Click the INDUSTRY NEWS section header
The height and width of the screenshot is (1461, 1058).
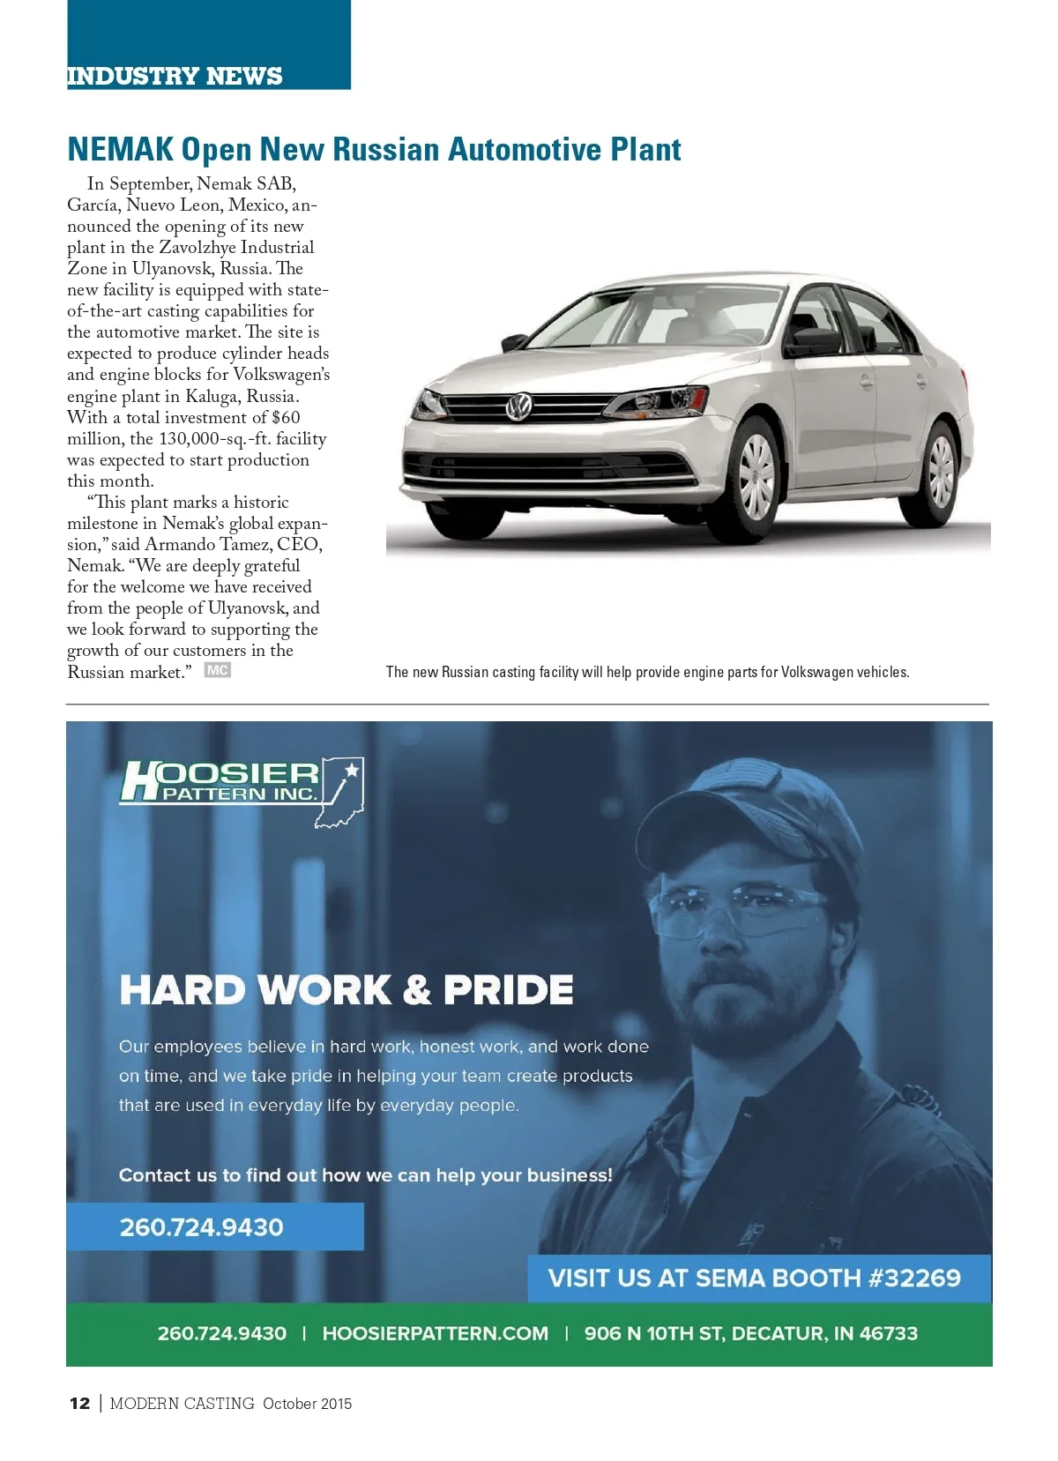coord(175,76)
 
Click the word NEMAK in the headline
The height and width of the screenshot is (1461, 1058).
coord(120,150)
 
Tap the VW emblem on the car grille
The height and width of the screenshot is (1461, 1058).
coord(518,407)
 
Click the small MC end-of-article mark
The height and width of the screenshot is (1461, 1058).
coord(217,671)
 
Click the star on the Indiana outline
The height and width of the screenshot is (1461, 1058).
coord(352,770)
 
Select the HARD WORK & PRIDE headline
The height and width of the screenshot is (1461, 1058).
coord(346,989)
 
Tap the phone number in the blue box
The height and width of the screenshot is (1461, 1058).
coord(202,1226)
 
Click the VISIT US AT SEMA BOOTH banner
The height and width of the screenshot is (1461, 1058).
coord(754,1278)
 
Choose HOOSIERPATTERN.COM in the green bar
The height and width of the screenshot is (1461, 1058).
coord(436,1333)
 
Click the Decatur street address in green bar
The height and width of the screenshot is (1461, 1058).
coord(750,1333)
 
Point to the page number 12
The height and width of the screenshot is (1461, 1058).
coord(79,1404)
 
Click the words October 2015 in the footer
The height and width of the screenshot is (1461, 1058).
coord(307,1404)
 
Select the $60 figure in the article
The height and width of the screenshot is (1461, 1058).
coord(286,418)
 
